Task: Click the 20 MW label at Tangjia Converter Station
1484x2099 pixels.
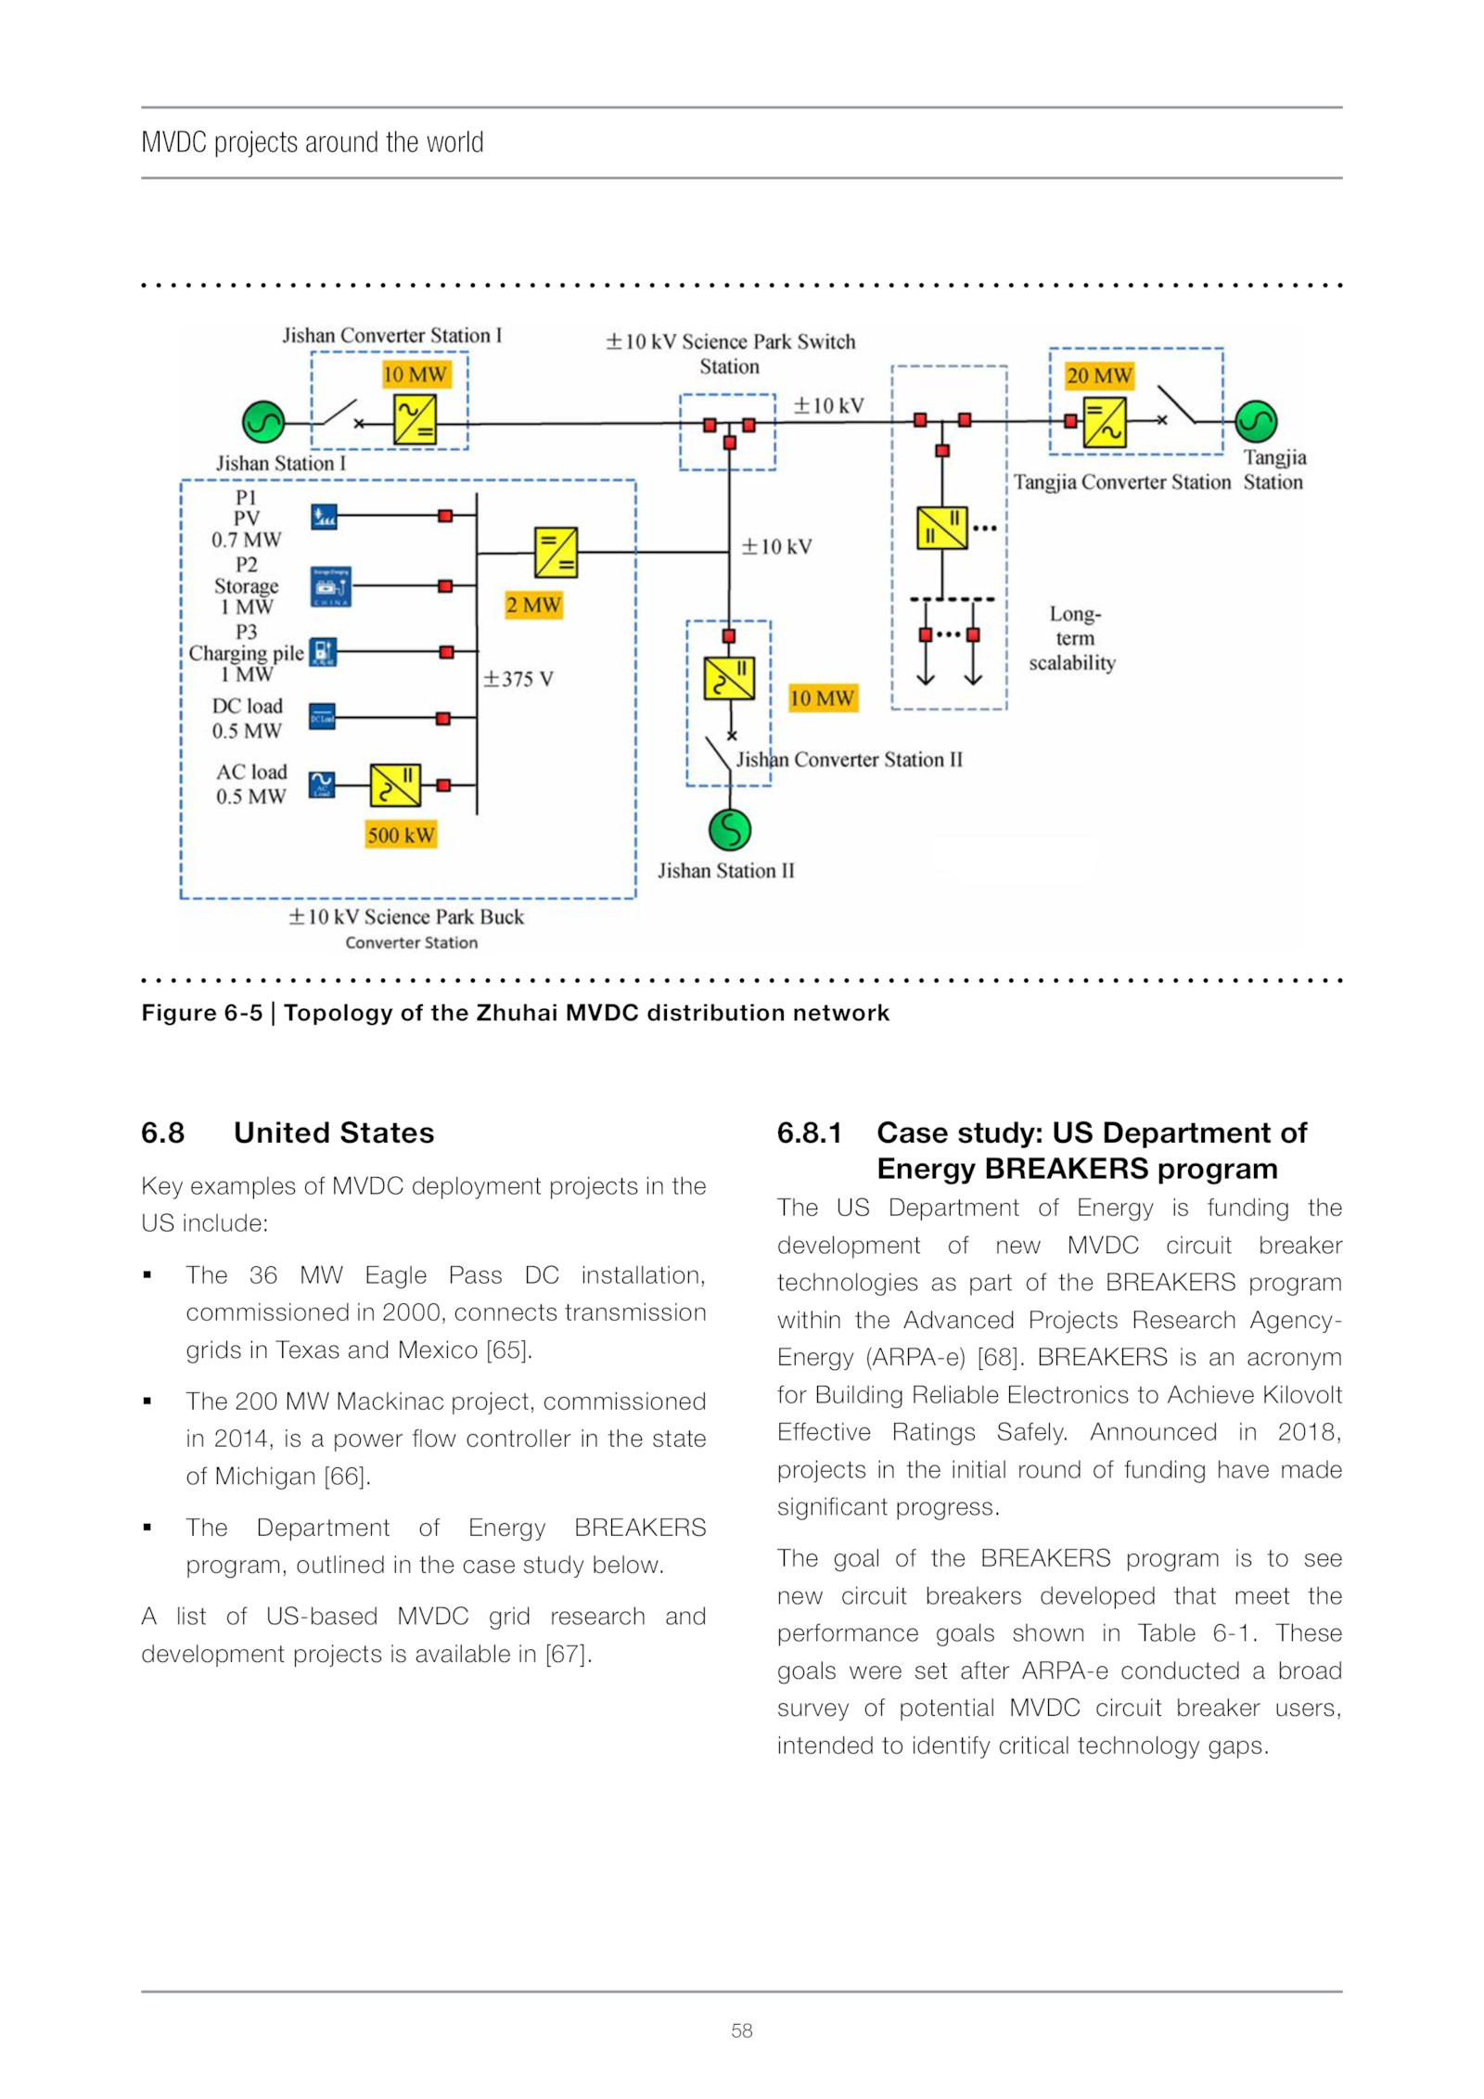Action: (x=1099, y=376)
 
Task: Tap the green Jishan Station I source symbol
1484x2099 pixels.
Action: (x=263, y=423)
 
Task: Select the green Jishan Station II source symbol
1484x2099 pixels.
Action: (x=730, y=829)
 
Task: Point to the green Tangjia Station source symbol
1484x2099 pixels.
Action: (x=1256, y=422)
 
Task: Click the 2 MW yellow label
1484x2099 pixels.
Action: (x=533, y=606)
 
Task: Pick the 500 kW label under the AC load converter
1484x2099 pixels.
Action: (x=401, y=835)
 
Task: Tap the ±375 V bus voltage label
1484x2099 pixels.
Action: (x=518, y=679)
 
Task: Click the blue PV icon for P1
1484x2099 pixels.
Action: (x=324, y=517)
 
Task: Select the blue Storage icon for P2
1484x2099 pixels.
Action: (x=330, y=586)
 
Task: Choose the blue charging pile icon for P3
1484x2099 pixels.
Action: (x=323, y=652)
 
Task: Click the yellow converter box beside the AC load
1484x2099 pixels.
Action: (x=395, y=786)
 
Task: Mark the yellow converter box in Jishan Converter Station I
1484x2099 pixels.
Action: (x=415, y=420)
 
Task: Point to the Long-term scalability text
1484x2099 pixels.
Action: (x=1073, y=638)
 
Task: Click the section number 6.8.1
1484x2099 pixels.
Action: (x=809, y=1133)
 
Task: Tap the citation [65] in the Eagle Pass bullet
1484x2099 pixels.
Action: (x=508, y=1350)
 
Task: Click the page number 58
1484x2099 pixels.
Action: (x=741, y=2030)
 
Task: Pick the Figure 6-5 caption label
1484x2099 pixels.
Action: (x=201, y=1013)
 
